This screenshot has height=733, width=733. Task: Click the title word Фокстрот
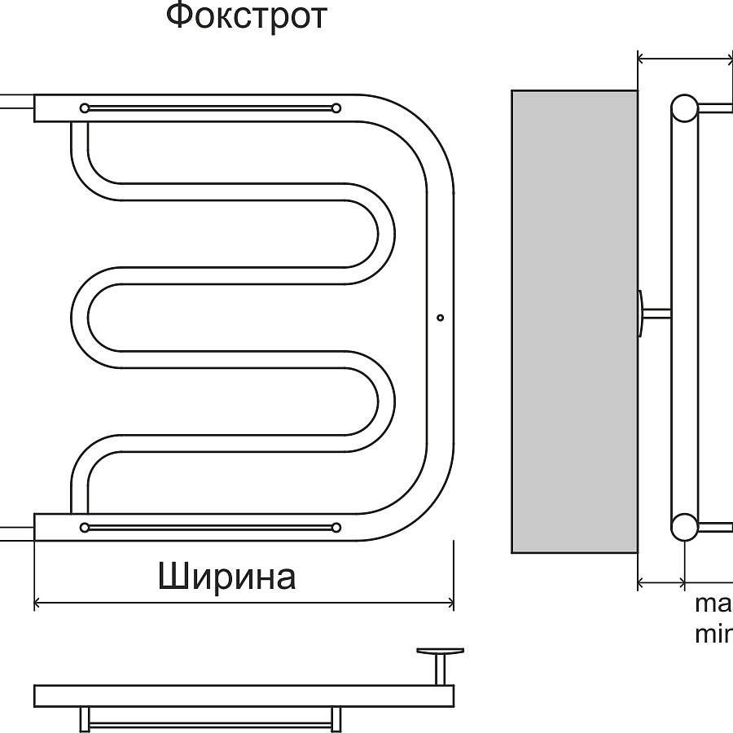coord(246,16)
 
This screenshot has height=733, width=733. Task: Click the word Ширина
coord(226,577)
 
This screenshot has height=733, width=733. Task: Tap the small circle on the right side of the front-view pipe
coord(441,318)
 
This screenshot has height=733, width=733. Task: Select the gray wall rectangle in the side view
coord(574,321)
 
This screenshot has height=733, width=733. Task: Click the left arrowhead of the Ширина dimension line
coord(37,604)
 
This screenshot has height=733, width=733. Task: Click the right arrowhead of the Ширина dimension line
coord(450,604)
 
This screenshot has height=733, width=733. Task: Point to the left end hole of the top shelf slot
coord(85,108)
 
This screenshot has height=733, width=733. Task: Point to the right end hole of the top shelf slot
coord(336,108)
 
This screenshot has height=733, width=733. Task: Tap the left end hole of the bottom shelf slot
coord(85,528)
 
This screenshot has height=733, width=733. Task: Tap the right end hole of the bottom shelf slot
coord(336,528)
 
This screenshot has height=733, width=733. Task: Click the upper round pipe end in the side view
coord(684,108)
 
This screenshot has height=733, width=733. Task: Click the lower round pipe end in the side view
coord(684,527)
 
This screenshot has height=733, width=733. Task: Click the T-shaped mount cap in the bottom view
coord(440,652)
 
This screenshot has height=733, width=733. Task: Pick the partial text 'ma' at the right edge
coord(713,605)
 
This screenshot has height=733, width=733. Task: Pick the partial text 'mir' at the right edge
coord(713,634)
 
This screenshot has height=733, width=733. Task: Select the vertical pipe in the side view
coord(684,318)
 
